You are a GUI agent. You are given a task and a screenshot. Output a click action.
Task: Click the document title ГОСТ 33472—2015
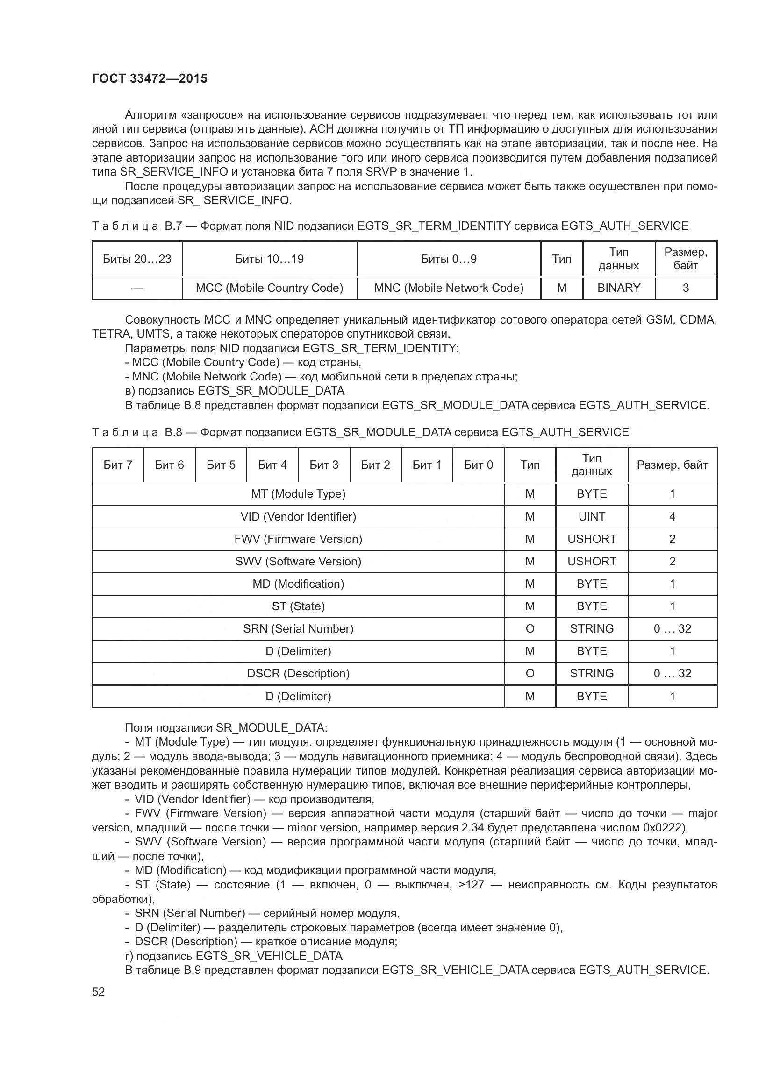(x=150, y=78)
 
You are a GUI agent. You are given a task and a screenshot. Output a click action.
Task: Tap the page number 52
(x=99, y=992)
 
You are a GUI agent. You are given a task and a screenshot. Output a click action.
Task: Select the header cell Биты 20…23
(x=137, y=259)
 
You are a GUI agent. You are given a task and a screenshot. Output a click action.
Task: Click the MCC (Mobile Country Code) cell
(x=269, y=288)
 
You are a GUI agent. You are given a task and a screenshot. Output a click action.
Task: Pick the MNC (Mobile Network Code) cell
(x=448, y=288)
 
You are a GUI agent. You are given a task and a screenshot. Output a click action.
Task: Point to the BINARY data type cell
(x=618, y=288)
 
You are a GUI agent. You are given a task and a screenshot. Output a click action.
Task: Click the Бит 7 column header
(x=118, y=465)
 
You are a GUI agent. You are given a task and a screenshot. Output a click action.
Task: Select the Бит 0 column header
(x=478, y=465)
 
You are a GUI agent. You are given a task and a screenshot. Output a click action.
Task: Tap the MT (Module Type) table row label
(x=298, y=493)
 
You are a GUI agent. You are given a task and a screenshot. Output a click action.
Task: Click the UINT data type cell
(x=591, y=516)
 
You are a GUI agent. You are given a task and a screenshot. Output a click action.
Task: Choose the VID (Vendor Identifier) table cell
(x=298, y=516)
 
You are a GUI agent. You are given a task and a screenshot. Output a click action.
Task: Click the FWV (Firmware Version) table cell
(x=298, y=539)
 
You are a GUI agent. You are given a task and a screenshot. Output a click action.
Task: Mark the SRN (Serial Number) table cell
(x=298, y=628)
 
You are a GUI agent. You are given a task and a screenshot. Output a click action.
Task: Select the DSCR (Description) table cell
(x=298, y=674)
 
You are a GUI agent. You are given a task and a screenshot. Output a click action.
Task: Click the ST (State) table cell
(x=298, y=606)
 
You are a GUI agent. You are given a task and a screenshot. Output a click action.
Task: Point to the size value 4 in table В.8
(x=672, y=516)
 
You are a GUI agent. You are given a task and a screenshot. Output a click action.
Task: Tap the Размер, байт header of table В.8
(x=672, y=465)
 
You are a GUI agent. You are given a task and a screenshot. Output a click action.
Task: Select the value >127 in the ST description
(x=472, y=885)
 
